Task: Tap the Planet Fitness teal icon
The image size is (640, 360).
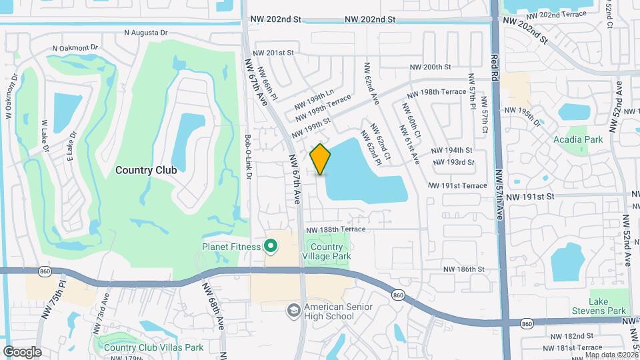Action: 270,247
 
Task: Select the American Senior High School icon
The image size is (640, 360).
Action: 293,311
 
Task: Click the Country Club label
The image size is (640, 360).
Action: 146,170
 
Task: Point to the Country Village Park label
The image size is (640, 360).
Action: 327,251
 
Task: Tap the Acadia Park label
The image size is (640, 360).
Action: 577,139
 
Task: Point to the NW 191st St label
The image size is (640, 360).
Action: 530,197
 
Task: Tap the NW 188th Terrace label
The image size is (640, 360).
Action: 336,229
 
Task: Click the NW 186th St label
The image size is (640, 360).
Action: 463,269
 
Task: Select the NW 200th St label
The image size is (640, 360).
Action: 430,67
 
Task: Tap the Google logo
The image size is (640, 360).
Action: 21,351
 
